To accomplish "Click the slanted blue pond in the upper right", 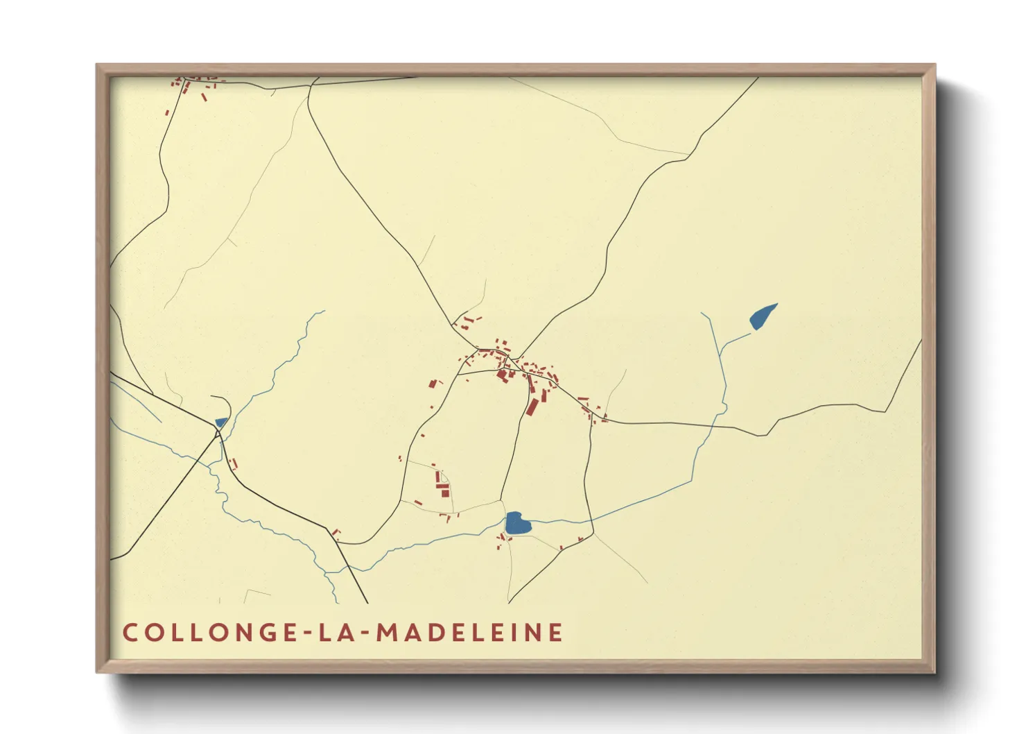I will [762, 316].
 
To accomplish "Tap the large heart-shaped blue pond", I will [517, 523].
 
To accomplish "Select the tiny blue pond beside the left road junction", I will [220, 422].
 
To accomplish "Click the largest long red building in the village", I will [532, 405].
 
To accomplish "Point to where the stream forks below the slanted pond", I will [723, 345].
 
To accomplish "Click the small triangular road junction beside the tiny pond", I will [218, 433].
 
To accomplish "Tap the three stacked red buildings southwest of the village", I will [441, 484].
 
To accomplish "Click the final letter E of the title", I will [555, 633].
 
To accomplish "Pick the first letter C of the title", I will [130, 633].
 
